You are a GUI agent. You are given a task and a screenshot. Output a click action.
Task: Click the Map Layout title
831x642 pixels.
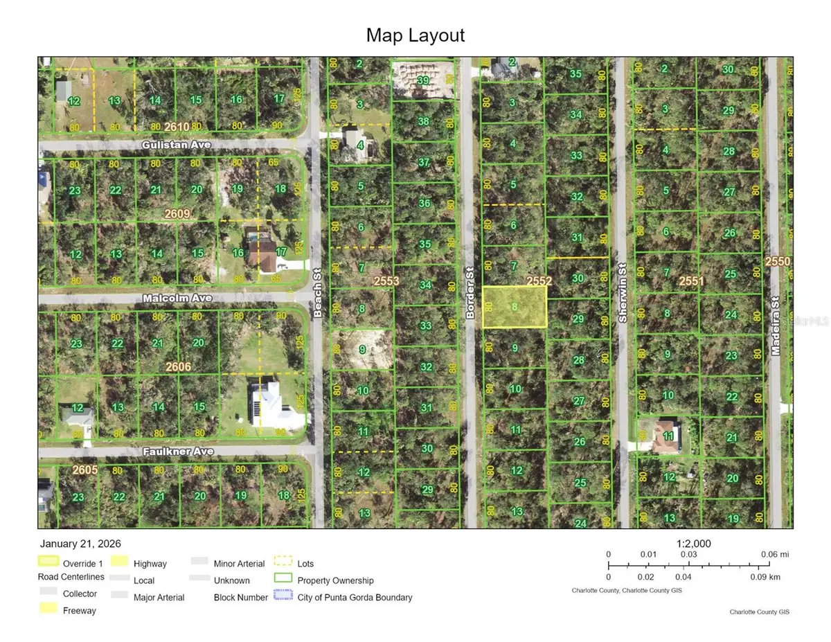[415, 35]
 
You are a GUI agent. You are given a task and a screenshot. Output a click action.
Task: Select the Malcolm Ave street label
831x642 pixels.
[168, 298]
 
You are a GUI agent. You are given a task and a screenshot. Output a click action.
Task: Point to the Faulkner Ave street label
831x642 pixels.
[179, 452]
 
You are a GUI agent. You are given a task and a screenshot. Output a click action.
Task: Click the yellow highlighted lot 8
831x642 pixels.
[515, 307]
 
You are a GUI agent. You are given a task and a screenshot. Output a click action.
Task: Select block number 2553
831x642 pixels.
[386, 280]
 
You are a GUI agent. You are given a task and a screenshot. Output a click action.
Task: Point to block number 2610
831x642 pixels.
[177, 126]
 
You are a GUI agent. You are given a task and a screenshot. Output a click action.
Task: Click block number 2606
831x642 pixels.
[178, 366]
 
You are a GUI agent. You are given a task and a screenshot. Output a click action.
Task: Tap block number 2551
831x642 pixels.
[691, 280]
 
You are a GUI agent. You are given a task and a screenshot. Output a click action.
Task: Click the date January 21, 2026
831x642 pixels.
[80, 544]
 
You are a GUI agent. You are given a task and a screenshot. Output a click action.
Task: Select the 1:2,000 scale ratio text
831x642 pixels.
[692, 544]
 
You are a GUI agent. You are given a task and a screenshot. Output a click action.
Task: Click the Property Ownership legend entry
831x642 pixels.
[335, 580]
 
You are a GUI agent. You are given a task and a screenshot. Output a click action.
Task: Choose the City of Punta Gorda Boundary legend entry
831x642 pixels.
[355, 597]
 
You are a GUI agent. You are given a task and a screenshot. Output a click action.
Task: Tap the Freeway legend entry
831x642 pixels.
[80, 611]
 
